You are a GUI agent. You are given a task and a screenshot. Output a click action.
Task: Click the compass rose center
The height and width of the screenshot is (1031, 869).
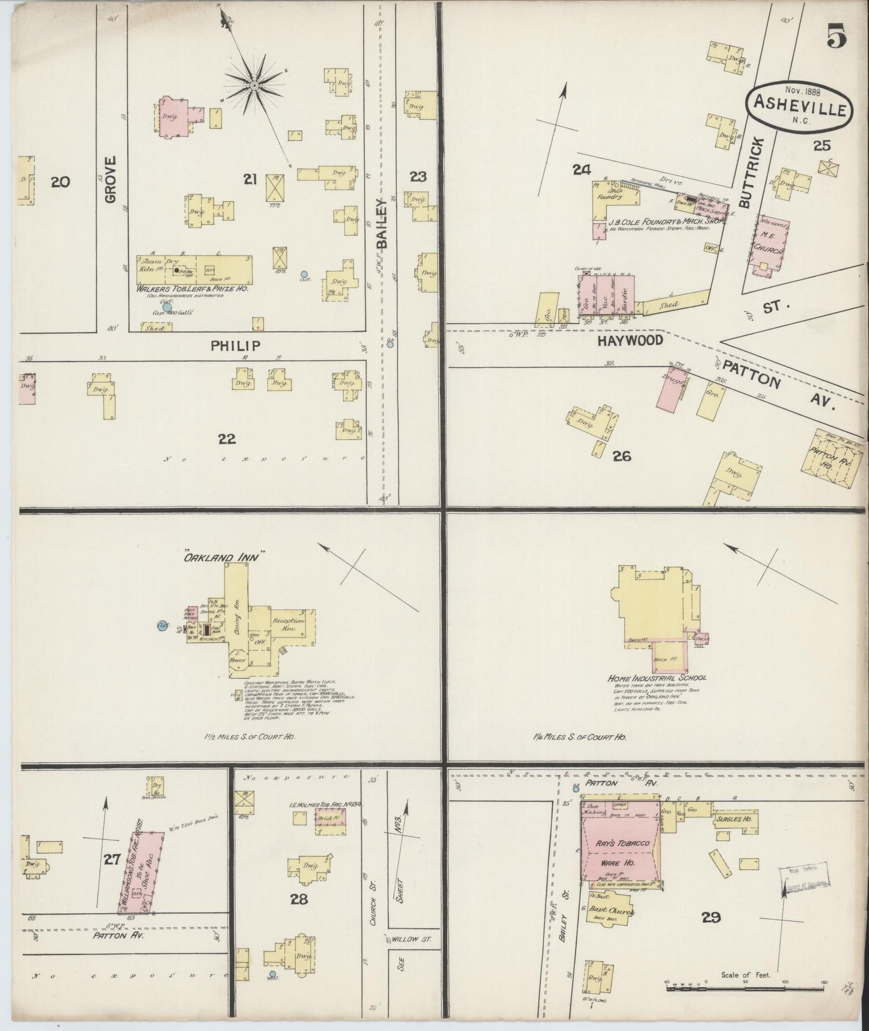pyautogui.click(x=254, y=86)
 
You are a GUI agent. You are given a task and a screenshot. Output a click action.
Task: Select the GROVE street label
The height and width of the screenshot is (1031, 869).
pyautogui.click(x=109, y=179)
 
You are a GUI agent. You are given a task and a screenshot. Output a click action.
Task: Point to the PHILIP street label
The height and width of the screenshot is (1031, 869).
pyautogui.click(x=235, y=346)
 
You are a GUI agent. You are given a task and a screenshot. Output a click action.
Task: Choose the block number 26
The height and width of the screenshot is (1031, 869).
pyautogui.click(x=621, y=456)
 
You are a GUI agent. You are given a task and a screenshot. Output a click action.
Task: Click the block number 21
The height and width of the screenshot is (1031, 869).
pyautogui.click(x=250, y=179)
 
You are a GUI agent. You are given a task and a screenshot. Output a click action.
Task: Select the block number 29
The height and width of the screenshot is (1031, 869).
pyautogui.click(x=711, y=917)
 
